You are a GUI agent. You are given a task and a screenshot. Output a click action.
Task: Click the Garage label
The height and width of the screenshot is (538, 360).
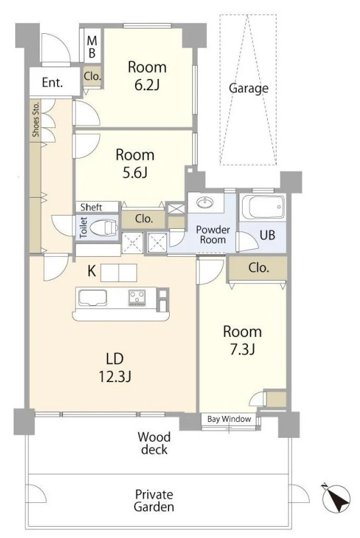(x=249, y=88)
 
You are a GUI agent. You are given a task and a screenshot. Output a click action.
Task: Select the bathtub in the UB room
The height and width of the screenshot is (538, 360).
(x=263, y=207)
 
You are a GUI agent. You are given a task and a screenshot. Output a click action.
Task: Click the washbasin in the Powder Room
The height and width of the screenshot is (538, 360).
(x=206, y=202)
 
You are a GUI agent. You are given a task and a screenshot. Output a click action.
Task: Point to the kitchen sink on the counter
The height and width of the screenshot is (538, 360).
(x=92, y=297)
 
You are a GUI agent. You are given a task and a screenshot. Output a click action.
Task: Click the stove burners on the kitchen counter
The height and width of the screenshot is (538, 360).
(x=137, y=297)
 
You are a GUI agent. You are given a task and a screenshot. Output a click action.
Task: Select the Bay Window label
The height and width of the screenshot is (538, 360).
(x=229, y=419)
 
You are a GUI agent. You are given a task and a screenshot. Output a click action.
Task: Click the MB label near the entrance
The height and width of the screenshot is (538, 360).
(x=92, y=47)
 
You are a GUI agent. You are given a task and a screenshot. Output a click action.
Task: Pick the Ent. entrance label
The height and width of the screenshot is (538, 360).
(x=52, y=83)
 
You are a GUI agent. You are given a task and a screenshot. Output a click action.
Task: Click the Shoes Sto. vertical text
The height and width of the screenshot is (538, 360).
(x=36, y=119)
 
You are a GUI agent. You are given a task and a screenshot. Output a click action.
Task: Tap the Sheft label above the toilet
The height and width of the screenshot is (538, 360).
(x=91, y=207)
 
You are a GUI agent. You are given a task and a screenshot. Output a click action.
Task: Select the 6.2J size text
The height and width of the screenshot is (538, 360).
(x=147, y=84)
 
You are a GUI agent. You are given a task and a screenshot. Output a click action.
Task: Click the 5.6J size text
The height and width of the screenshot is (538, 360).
(x=135, y=172)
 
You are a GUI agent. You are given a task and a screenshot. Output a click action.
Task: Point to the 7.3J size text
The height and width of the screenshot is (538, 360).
(x=242, y=350)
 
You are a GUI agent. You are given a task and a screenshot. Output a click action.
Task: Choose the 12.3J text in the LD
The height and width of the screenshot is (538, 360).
(x=115, y=377)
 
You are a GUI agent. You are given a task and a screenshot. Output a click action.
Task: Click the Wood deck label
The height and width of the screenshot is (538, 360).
(x=154, y=443)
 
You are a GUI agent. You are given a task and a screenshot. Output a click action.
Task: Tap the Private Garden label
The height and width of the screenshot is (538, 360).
(x=154, y=501)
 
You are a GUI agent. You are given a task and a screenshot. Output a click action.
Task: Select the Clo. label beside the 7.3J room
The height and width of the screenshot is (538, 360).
(x=259, y=267)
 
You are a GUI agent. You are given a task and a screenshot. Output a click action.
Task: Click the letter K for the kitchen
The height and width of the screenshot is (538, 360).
(x=91, y=271)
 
